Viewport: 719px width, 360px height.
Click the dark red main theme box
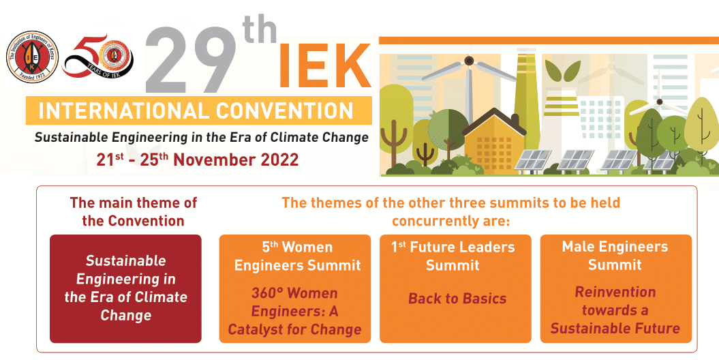click(x=125, y=288)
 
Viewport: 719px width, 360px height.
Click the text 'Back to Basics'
click(x=457, y=299)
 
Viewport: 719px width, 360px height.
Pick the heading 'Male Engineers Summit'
click(x=615, y=256)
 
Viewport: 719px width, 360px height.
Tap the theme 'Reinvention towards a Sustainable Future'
click(x=615, y=310)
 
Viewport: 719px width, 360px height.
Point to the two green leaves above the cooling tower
click(x=562, y=72)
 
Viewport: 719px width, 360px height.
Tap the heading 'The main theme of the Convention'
click(x=134, y=211)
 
